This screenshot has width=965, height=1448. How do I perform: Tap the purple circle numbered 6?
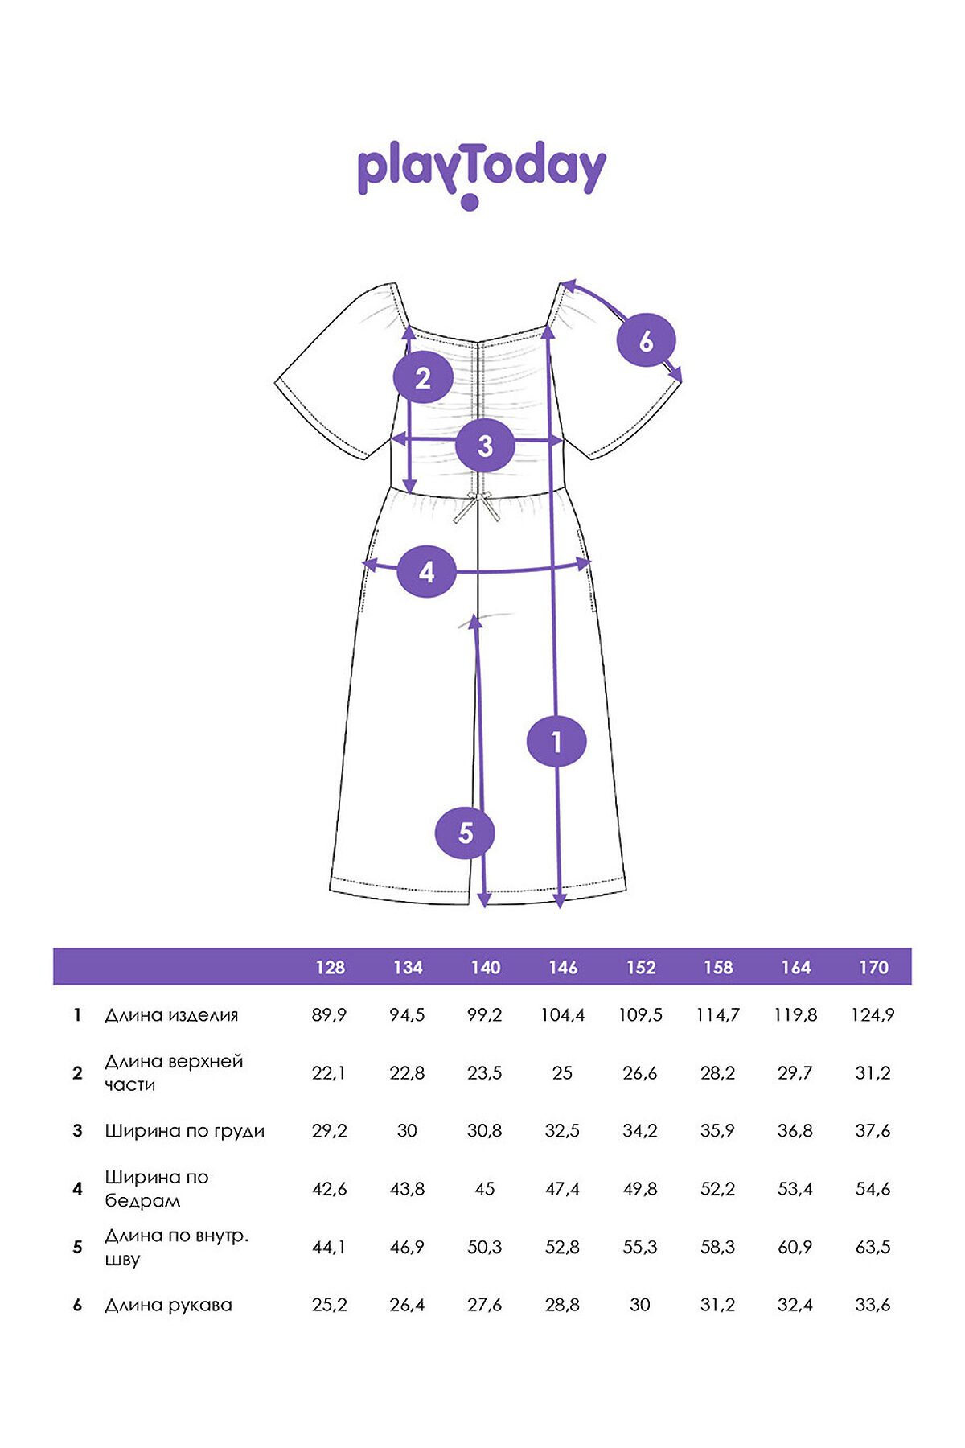646,340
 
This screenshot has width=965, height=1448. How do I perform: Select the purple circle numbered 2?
423,377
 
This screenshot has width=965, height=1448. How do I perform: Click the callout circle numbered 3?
485,445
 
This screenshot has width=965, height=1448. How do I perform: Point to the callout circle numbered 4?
427,571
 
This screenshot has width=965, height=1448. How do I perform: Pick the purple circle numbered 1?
556,741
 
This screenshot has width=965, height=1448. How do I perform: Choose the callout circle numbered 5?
465,833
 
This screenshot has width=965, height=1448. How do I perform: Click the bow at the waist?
477,508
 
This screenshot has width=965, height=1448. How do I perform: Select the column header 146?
563,968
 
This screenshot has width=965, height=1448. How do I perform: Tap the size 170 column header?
873,968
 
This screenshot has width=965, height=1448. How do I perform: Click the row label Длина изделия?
171,1015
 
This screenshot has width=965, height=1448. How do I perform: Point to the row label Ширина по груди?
184,1131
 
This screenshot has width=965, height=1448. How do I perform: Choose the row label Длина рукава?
168,1305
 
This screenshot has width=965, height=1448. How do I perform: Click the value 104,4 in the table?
563,1015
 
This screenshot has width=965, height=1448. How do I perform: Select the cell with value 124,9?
873,1015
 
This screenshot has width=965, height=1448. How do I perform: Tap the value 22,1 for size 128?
329,1073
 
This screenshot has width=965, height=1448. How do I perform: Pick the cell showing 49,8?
640,1189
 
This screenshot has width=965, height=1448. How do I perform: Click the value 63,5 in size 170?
873,1247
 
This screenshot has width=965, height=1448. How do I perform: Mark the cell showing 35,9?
717,1131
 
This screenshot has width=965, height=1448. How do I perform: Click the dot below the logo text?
470,202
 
